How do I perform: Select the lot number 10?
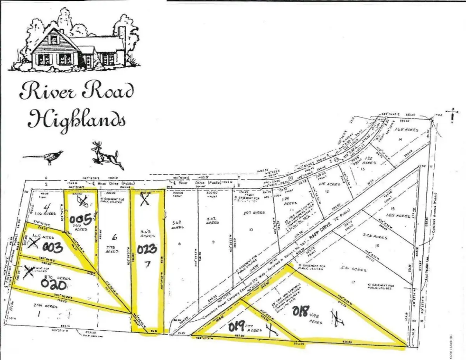(251, 230)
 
